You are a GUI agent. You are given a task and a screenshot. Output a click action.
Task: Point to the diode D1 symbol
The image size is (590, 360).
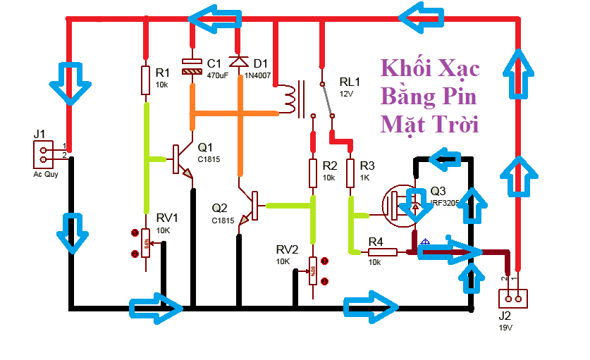pyautogui.click(x=240, y=62)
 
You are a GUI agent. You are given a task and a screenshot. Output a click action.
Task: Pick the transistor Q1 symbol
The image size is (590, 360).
pyautogui.click(x=182, y=161)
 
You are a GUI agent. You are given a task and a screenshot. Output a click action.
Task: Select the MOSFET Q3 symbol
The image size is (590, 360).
pyautogui.click(x=400, y=204)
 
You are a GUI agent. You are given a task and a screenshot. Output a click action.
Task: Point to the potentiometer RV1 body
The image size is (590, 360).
pyautogui.click(x=146, y=243)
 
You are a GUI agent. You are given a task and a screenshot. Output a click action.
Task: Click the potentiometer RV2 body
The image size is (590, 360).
pyautogui.click(x=313, y=270)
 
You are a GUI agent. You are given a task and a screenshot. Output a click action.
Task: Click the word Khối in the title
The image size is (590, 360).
pyautogui.click(x=405, y=69)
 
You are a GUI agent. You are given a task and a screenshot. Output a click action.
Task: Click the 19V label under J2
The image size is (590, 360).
pyautogui.click(x=505, y=328)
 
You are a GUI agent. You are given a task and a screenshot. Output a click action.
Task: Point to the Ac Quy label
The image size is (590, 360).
pyautogui.click(x=46, y=173)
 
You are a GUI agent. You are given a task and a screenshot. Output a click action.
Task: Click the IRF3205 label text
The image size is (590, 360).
pyautogui.click(x=445, y=203)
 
